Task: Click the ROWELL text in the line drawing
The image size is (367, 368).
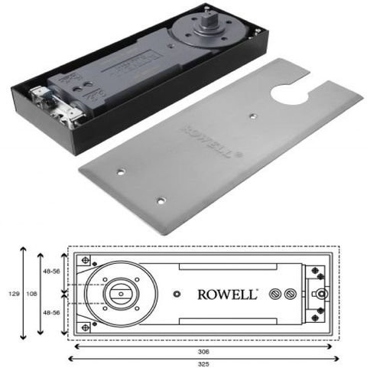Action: pyautogui.click(x=229, y=294)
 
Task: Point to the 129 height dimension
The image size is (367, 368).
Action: pyautogui.click(x=10, y=294)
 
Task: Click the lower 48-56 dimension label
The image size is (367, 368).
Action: pyautogui.click(x=50, y=313)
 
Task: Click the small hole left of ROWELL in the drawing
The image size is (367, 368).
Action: pyautogui.click(x=177, y=294)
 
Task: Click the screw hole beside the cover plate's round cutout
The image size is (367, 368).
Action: pyautogui.click(x=252, y=117)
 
